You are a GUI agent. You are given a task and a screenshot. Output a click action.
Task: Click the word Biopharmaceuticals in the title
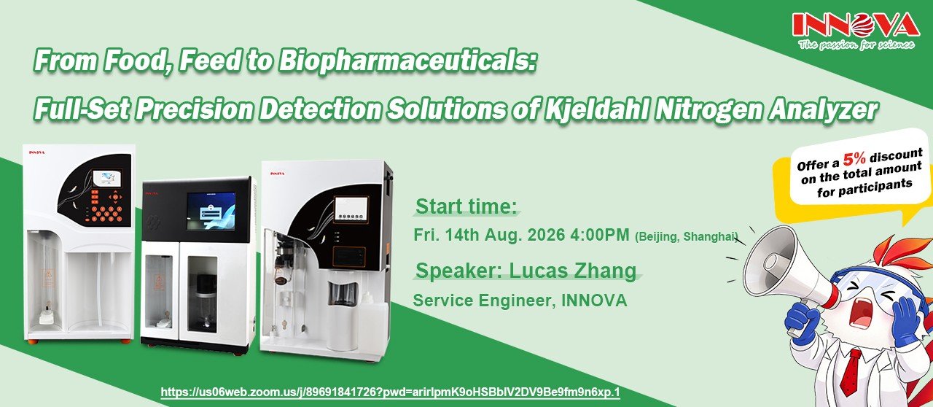coord(407,61)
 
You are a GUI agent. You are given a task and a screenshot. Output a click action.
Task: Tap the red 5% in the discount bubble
coord(854,158)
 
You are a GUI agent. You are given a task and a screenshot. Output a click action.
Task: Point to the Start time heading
coord(466,207)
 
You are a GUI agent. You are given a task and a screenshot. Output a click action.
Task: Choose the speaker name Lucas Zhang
coord(573,271)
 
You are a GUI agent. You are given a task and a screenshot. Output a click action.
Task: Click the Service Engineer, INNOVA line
coord(520,301)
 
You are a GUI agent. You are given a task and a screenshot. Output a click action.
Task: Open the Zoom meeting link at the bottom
coord(390,392)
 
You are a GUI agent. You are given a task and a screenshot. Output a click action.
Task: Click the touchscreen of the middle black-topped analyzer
coord(211,211)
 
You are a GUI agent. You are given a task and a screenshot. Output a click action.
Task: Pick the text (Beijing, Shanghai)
coord(686,237)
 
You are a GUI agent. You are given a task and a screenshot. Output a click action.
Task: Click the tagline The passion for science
coord(856,44)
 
